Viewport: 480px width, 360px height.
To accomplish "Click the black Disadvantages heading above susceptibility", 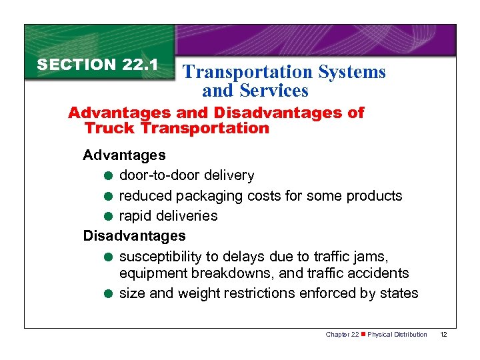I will (x=134, y=235).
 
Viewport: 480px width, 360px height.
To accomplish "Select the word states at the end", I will (x=400, y=293).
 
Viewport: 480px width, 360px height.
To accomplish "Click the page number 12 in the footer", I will (x=444, y=334).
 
